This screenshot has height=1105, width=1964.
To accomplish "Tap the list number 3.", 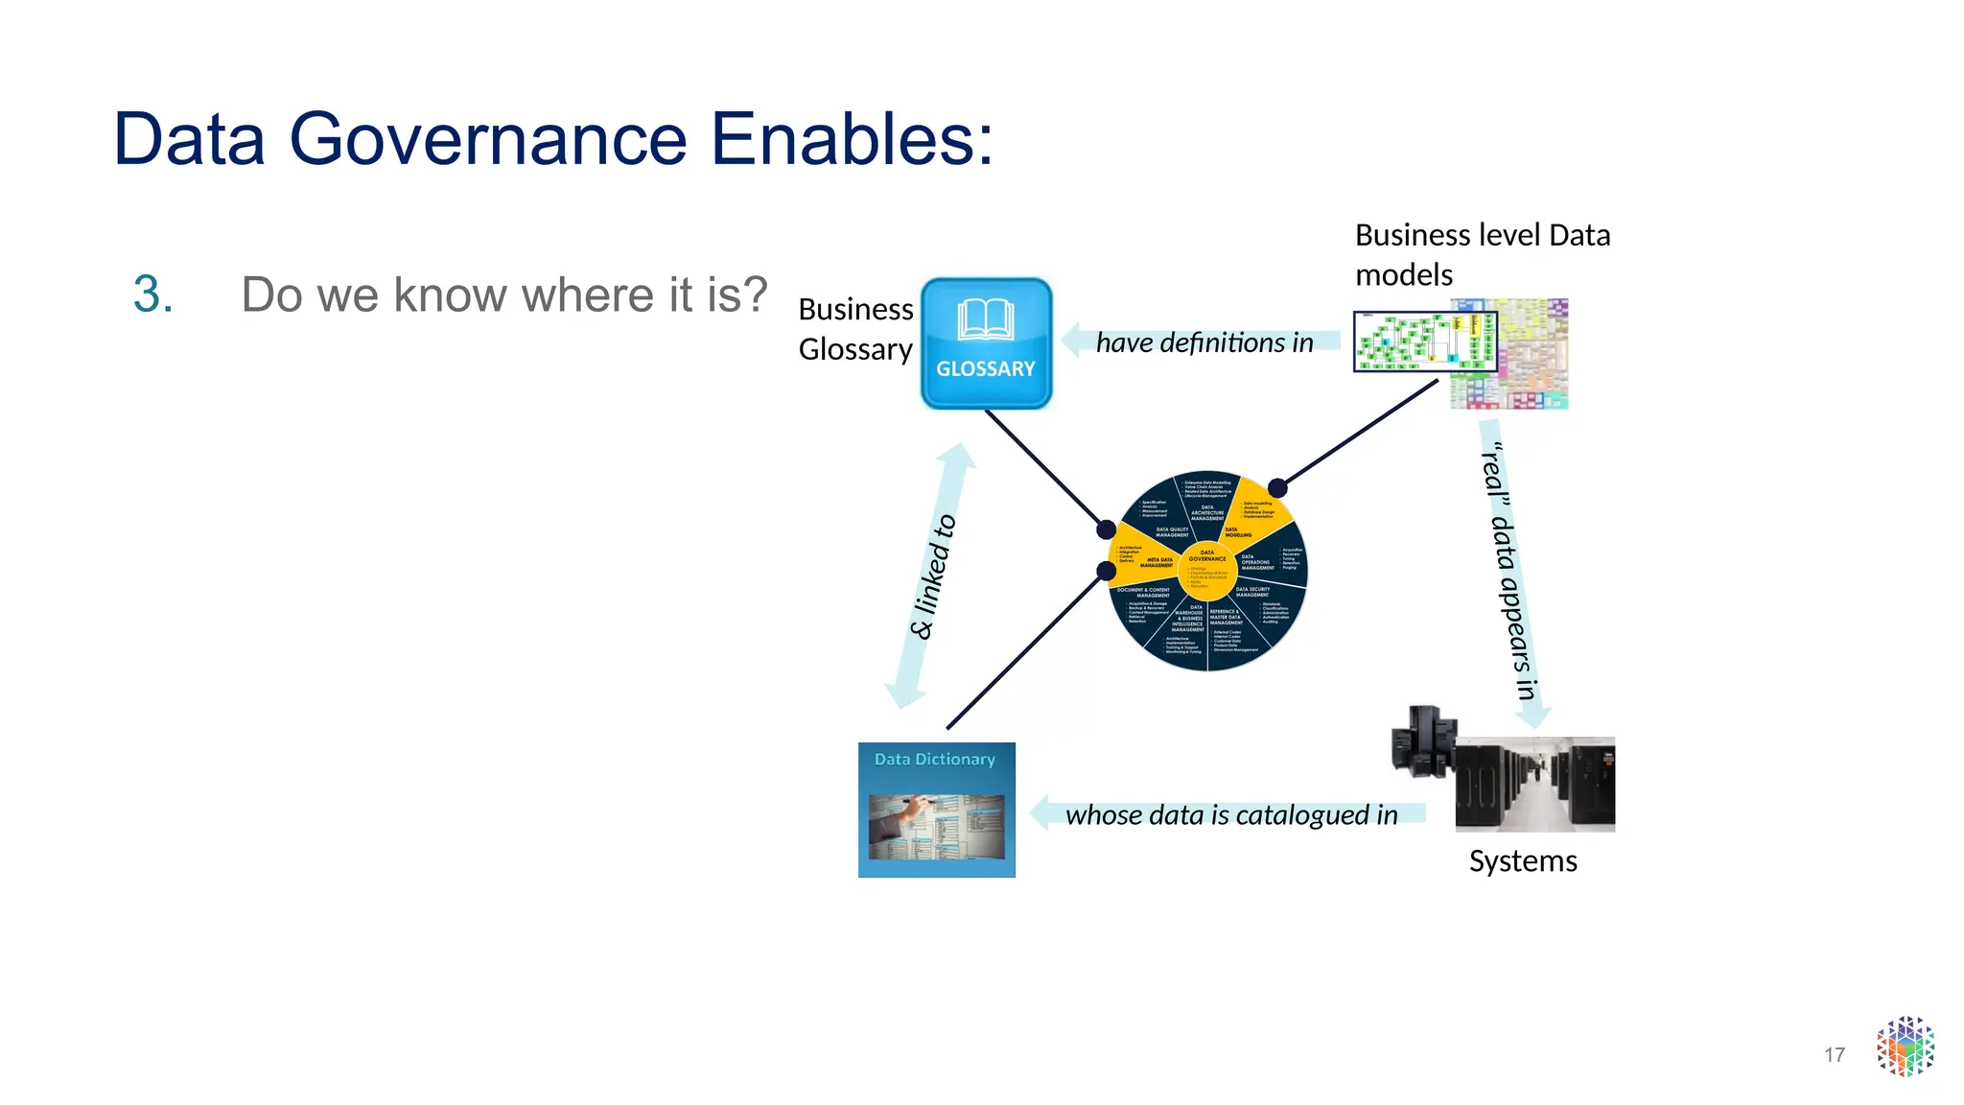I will (152, 294).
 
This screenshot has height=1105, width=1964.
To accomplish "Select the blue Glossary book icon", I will (986, 343).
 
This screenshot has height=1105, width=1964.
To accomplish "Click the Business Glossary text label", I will (855, 329).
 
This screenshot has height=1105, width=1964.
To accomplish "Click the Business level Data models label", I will (1482, 254).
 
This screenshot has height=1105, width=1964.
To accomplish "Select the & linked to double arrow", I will (930, 576).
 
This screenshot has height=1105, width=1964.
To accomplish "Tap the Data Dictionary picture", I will (936, 810).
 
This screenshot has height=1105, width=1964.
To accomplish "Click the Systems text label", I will (1523, 860).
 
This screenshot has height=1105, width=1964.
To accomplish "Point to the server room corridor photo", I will (1534, 784).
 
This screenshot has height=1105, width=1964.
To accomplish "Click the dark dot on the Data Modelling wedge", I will (1276, 487).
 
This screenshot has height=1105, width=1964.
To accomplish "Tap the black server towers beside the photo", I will (1423, 741).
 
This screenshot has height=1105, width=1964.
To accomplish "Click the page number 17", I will (1834, 1055).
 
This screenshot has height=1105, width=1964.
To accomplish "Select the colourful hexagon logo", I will (1905, 1046).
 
